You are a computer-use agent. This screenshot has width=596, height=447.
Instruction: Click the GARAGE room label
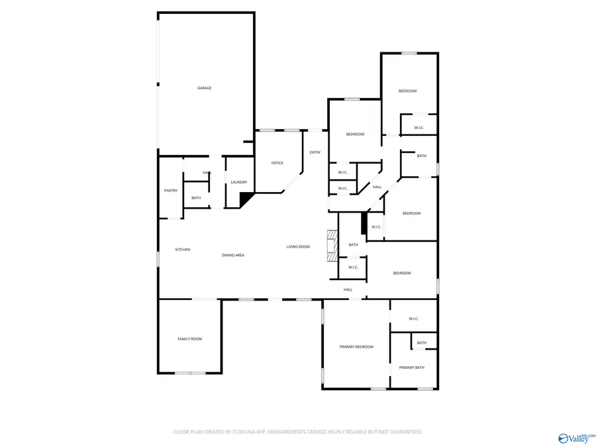tap(204, 88)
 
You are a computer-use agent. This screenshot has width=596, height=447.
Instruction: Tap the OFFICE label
tap(277, 163)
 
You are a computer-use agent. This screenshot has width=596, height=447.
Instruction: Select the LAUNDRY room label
tap(239, 182)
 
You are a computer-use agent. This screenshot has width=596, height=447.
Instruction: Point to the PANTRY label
tap(171, 191)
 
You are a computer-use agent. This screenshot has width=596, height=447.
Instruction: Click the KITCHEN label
tap(183, 250)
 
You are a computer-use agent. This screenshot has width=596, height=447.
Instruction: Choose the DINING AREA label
tap(233, 255)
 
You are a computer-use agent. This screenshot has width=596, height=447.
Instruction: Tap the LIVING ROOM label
tap(298, 247)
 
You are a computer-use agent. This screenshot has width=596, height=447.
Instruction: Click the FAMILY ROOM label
tap(189, 339)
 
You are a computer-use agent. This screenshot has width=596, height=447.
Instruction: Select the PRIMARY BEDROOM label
tap(356, 347)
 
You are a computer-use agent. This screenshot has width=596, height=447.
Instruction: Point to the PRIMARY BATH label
tap(411, 368)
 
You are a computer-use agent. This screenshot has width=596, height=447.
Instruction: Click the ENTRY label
tap(315, 153)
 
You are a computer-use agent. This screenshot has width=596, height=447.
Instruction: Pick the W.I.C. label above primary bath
tap(414, 319)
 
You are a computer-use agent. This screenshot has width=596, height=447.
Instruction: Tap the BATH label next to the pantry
tap(196, 198)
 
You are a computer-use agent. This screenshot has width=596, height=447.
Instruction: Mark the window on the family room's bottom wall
tap(190, 373)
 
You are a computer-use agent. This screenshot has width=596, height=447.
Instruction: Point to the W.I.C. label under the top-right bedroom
tap(419, 128)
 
